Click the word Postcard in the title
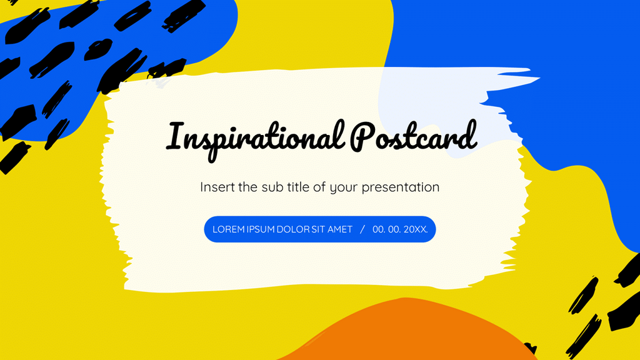tap(413, 136)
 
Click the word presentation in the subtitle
tap(401, 187)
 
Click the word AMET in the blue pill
tap(341, 229)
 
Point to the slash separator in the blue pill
tap(362, 229)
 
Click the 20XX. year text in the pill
tap(416, 229)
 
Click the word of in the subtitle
tap(319, 187)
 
